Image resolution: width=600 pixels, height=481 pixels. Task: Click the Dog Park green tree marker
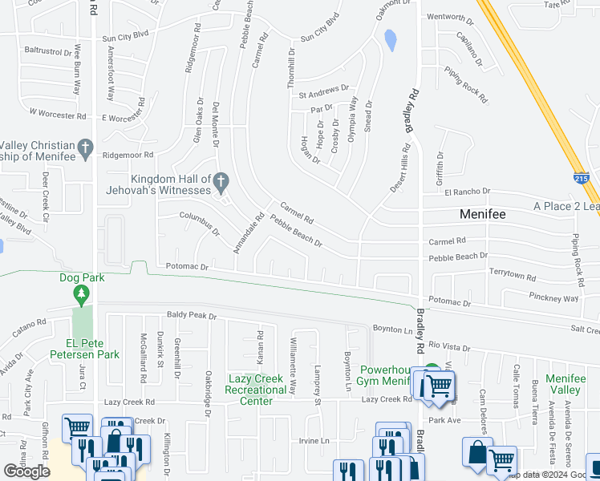point(81,297)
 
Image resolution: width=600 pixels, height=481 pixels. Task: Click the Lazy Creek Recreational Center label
point(257,385)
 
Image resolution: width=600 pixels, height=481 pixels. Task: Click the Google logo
point(26,471)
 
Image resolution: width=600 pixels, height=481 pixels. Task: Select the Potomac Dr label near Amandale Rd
point(187,267)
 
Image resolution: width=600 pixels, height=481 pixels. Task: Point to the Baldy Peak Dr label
point(192,316)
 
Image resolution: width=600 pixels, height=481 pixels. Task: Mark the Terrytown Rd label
point(512,275)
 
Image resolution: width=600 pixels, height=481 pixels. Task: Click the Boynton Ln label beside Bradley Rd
point(392,329)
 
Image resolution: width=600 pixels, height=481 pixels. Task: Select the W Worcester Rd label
point(57,115)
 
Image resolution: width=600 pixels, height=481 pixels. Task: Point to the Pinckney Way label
point(553,297)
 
